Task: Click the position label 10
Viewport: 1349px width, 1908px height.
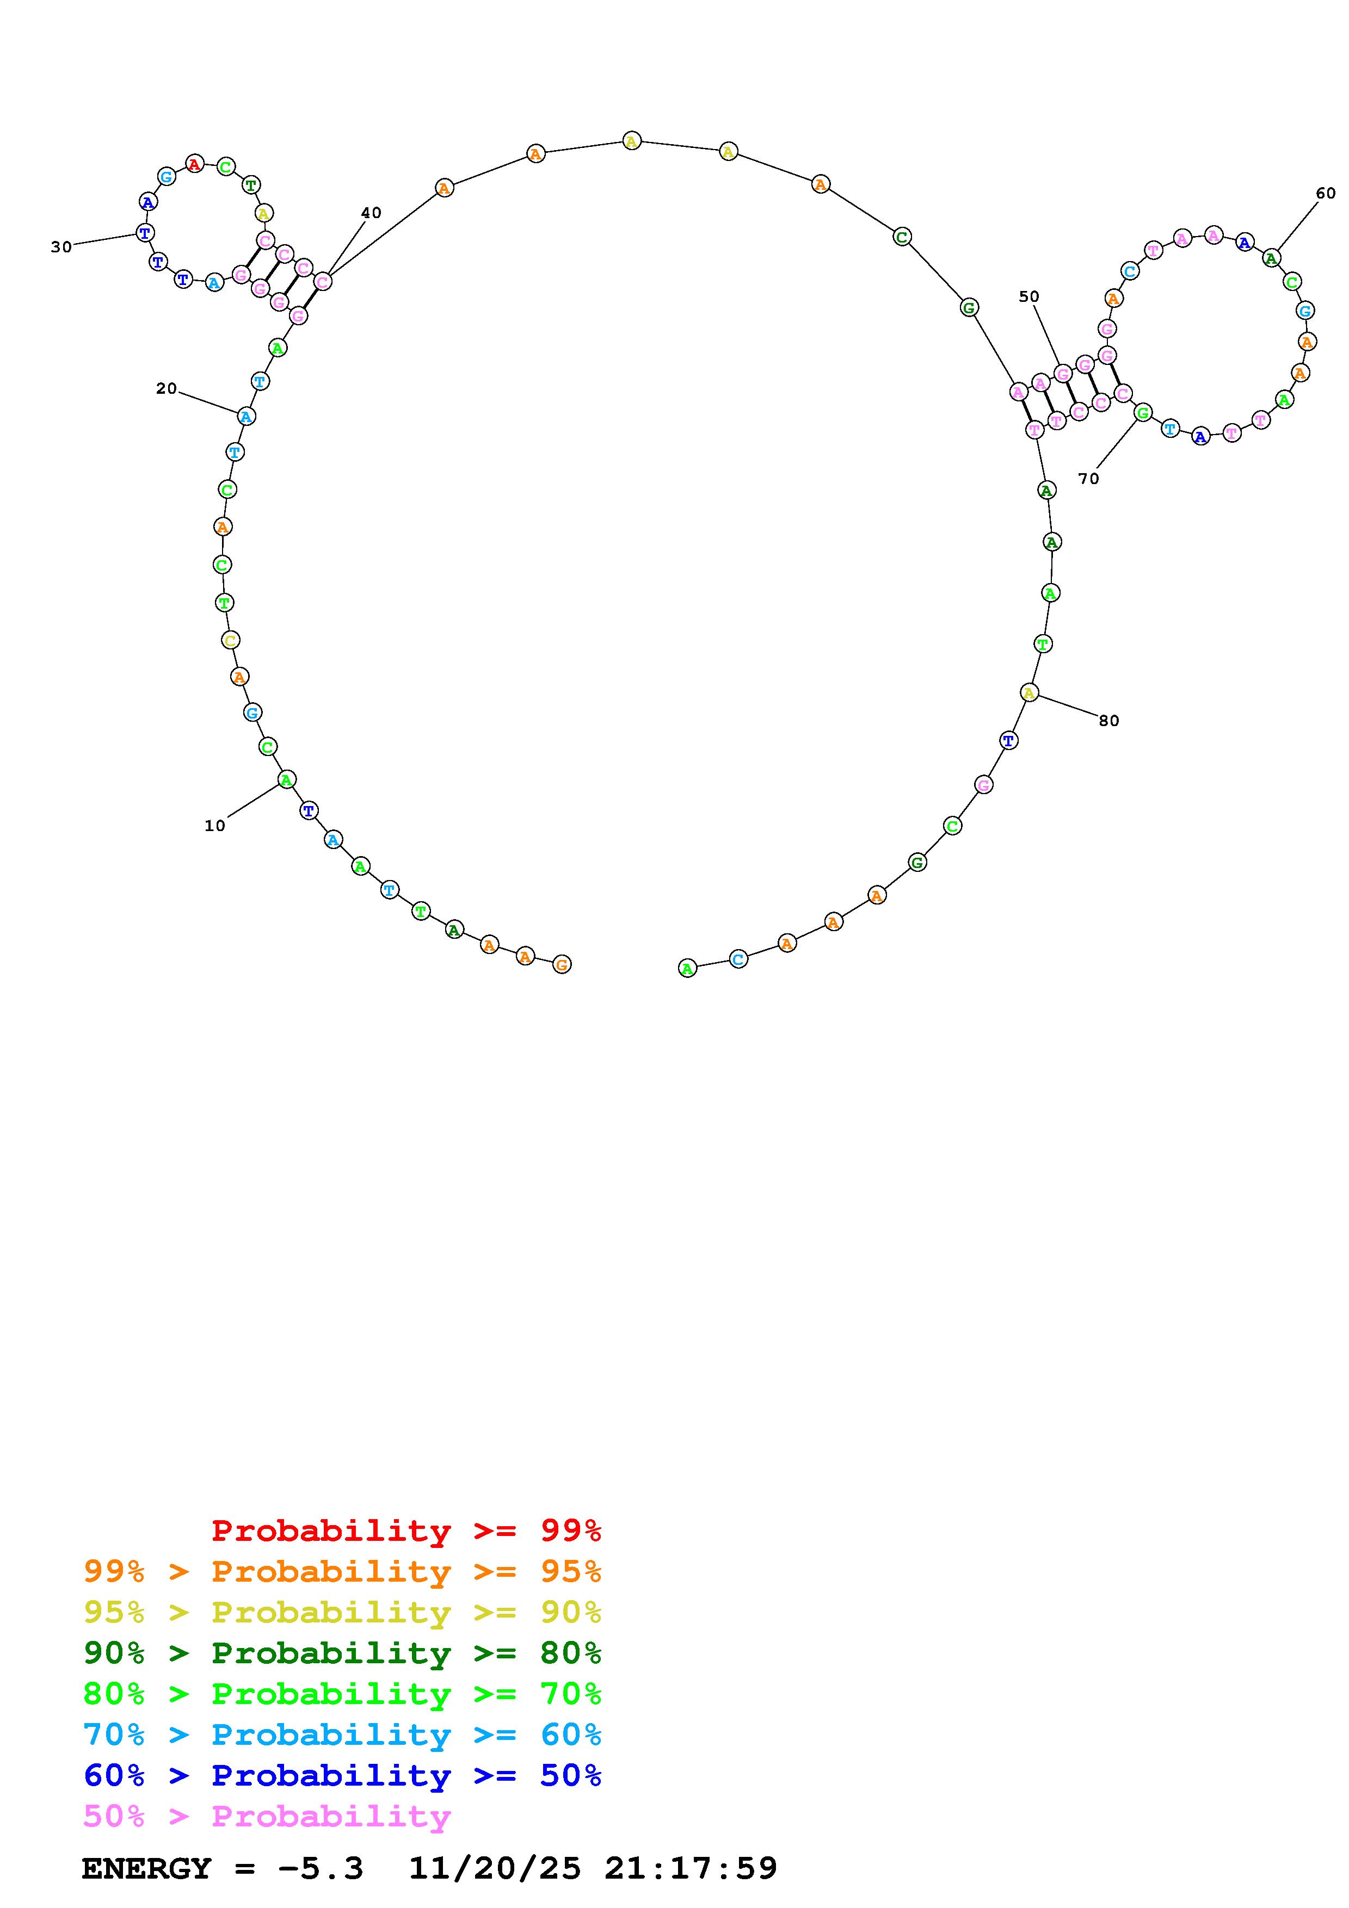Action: coord(214,825)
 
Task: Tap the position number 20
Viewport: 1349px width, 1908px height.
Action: coord(166,388)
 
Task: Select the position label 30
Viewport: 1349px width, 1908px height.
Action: coord(61,247)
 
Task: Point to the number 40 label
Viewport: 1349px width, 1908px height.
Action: coord(371,213)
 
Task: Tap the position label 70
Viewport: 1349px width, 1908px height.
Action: coord(1088,479)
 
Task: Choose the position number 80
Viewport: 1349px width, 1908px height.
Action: coord(1109,721)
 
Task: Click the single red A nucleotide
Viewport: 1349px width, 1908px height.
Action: coord(194,164)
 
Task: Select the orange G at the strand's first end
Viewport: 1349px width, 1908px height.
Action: coord(562,964)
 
